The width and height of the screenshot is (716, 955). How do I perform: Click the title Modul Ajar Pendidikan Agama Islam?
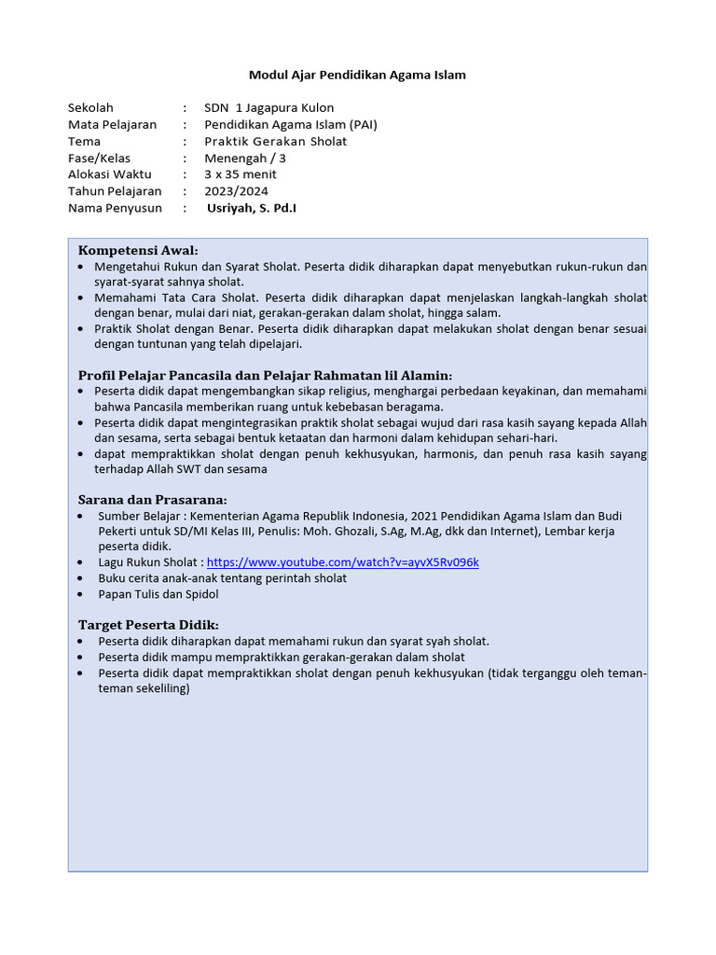(x=357, y=75)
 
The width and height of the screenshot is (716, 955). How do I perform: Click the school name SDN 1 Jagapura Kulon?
(x=268, y=108)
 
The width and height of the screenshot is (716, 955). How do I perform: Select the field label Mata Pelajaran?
(x=112, y=125)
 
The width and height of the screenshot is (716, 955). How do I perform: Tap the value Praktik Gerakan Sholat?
(x=275, y=142)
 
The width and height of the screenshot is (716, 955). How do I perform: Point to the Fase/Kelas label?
(x=99, y=159)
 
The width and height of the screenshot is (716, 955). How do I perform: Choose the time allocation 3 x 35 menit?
(x=241, y=174)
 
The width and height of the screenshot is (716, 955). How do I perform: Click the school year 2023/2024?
(x=237, y=191)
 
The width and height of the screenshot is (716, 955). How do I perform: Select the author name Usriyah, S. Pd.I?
(x=252, y=208)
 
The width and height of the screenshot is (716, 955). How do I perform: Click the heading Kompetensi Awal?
(x=138, y=250)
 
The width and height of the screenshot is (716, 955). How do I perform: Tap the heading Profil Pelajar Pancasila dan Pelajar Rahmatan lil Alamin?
(x=265, y=375)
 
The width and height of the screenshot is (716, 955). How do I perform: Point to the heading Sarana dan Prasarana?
(x=152, y=500)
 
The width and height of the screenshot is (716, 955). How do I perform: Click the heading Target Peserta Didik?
(x=148, y=625)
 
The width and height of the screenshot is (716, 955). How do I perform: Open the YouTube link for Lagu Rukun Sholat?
(x=342, y=562)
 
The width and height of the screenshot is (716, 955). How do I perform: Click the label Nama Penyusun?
(x=115, y=208)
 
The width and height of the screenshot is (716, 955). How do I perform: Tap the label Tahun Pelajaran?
(x=116, y=191)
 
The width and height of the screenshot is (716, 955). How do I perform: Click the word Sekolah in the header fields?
(x=90, y=108)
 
